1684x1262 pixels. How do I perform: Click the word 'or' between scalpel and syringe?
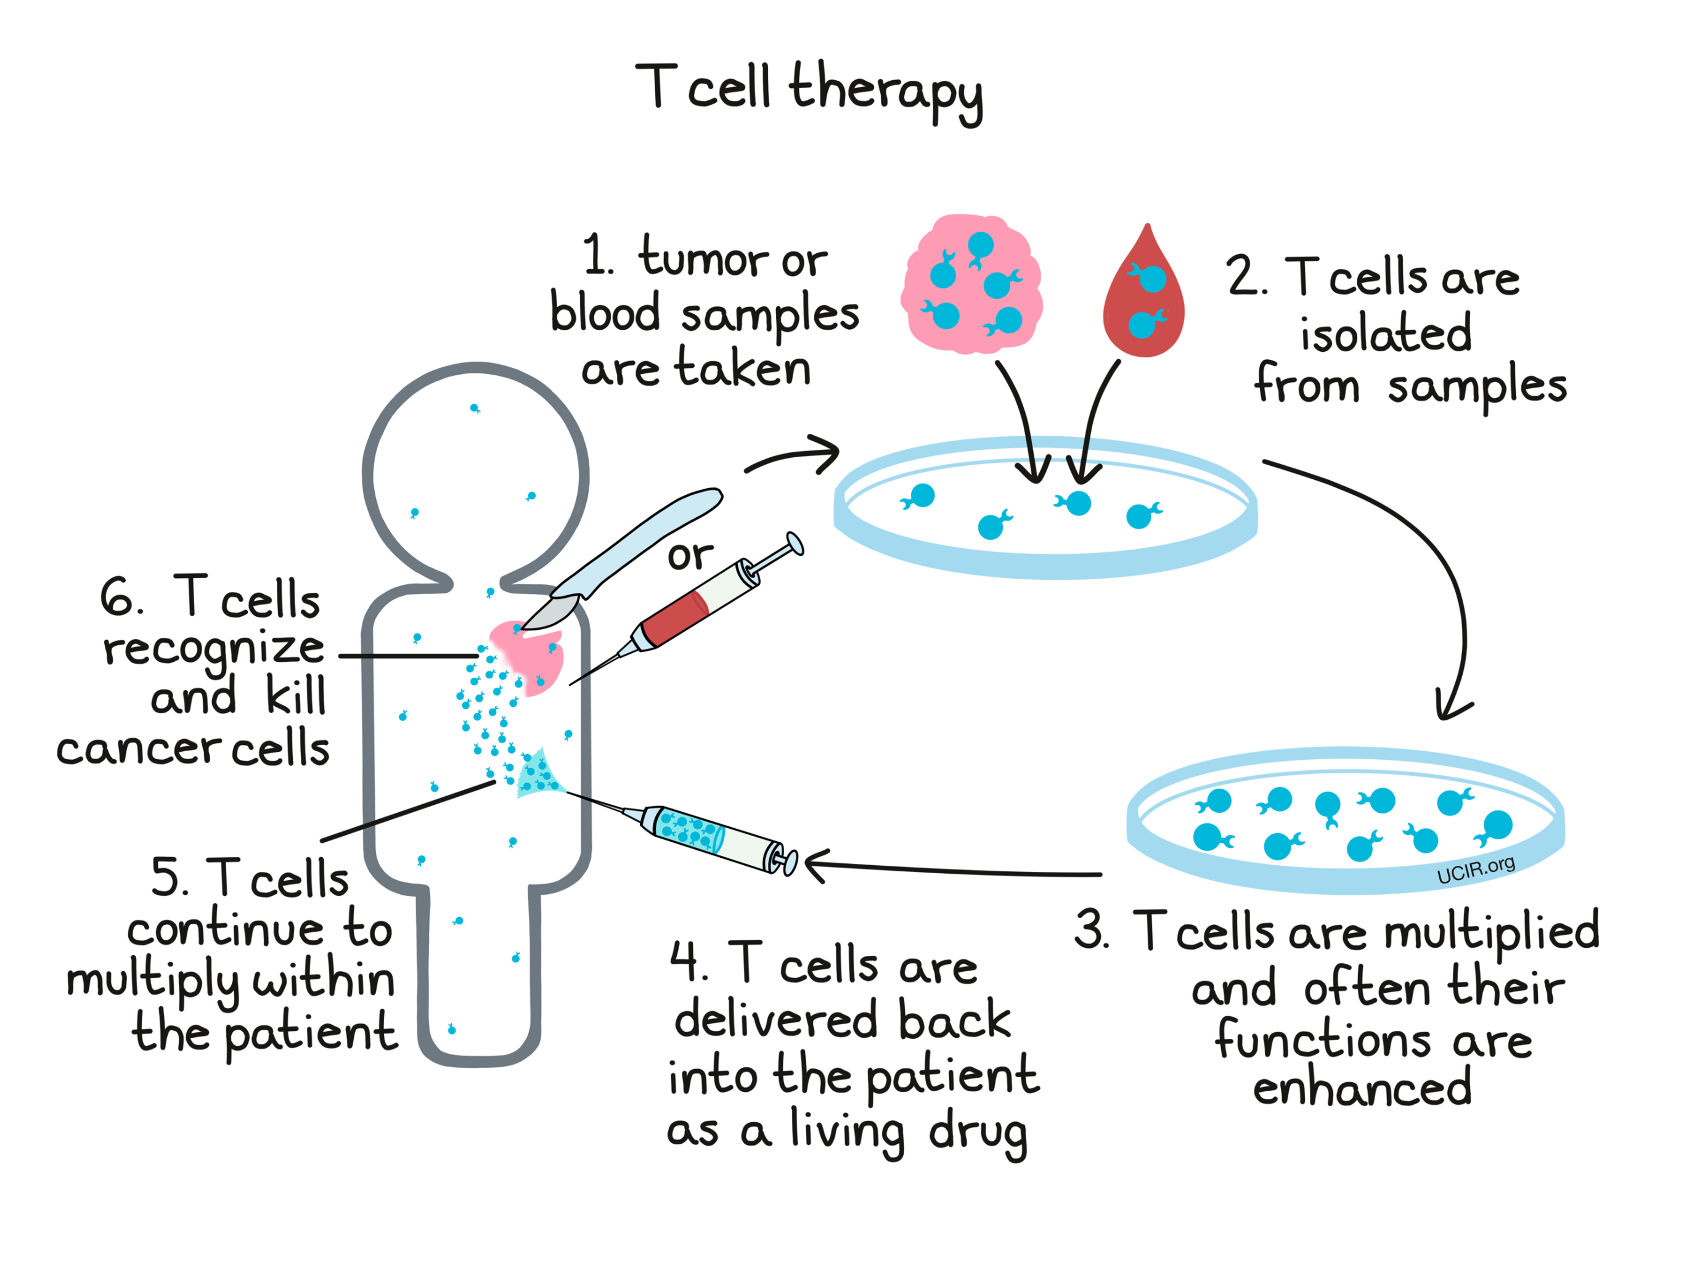point(690,556)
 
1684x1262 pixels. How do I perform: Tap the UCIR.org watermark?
point(1476,870)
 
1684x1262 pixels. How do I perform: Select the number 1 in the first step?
point(596,254)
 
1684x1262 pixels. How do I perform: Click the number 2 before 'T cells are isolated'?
point(1244,275)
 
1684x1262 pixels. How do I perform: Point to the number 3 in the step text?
point(1090,929)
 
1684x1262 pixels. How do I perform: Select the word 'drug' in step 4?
point(978,1134)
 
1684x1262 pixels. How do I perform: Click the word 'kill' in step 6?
point(295,696)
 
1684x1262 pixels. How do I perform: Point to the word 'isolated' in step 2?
point(1386,333)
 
